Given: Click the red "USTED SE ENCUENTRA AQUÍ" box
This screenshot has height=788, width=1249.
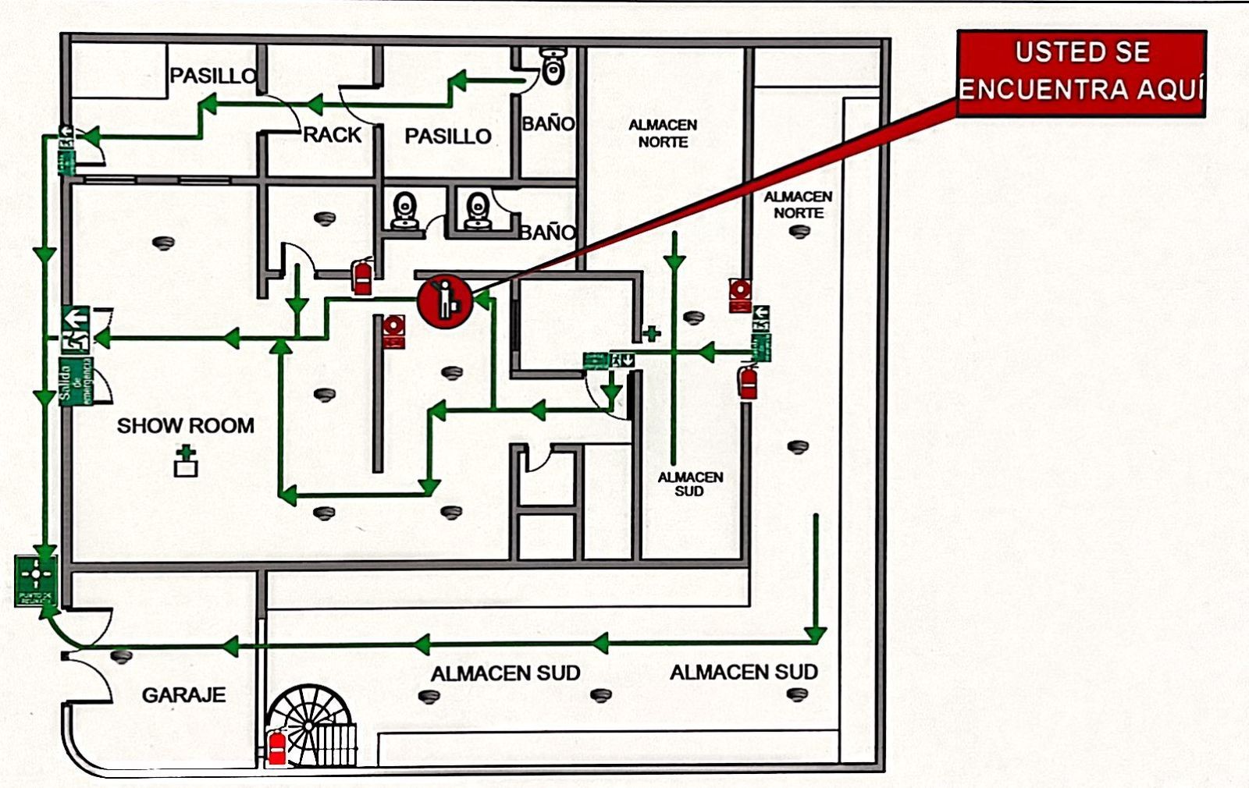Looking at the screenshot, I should click(x=1081, y=73).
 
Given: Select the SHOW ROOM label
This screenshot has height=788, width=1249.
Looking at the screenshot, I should click(x=186, y=426).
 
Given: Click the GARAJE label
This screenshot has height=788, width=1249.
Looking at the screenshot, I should click(x=183, y=695).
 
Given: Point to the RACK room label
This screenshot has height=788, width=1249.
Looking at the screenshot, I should click(x=332, y=135).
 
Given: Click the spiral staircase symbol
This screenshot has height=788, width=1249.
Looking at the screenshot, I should click(x=310, y=726).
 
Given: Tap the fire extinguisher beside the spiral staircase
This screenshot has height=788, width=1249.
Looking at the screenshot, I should click(x=276, y=748).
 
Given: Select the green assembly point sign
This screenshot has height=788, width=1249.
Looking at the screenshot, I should click(x=36, y=580).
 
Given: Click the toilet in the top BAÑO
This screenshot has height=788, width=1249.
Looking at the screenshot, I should click(x=553, y=66).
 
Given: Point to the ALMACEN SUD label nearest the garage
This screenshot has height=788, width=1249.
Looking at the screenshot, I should click(x=506, y=673).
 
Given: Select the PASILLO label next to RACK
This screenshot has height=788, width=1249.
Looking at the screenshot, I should click(x=447, y=137).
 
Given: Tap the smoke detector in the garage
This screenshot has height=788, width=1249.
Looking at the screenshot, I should click(x=121, y=655).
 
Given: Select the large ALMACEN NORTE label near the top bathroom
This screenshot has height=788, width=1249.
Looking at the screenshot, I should click(x=663, y=133).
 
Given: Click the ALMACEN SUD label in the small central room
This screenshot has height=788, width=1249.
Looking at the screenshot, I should click(x=690, y=484).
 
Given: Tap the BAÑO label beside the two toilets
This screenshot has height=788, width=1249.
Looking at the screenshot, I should click(x=548, y=232).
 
